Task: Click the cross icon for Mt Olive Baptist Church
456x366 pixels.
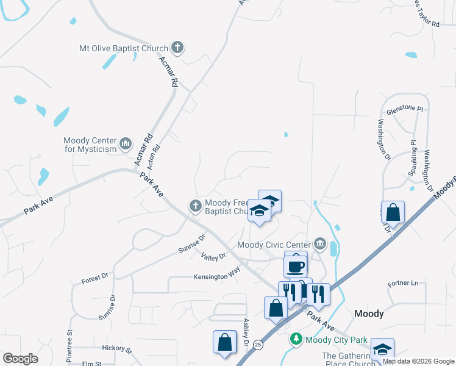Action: [x=177, y=47]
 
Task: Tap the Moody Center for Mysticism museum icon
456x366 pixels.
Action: [x=126, y=144]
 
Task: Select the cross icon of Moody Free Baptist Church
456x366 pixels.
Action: [x=196, y=206]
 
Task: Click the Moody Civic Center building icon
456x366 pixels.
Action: [x=319, y=245]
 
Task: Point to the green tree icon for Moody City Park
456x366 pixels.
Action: [x=296, y=338]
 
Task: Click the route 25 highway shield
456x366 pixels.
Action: [x=258, y=345]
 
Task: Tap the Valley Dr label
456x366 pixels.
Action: [x=213, y=257]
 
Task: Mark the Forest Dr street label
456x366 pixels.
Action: [x=94, y=279]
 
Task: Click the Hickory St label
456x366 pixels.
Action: [x=117, y=350]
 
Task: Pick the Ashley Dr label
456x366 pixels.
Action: [x=246, y=332]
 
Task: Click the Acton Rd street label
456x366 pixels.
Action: [x=157, y=156]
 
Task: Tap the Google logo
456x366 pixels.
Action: [x=21, y=359]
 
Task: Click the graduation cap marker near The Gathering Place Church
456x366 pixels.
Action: [x=382, y=350]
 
